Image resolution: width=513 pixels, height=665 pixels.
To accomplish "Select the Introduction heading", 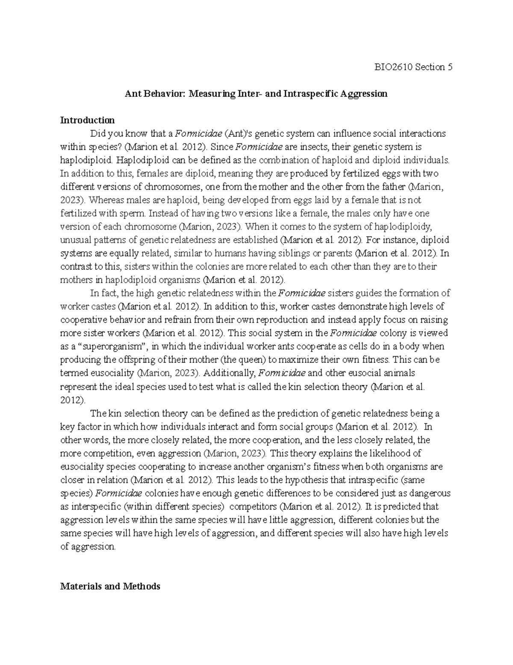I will click(87, 120).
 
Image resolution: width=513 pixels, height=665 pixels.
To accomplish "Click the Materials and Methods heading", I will click(110, 586).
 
